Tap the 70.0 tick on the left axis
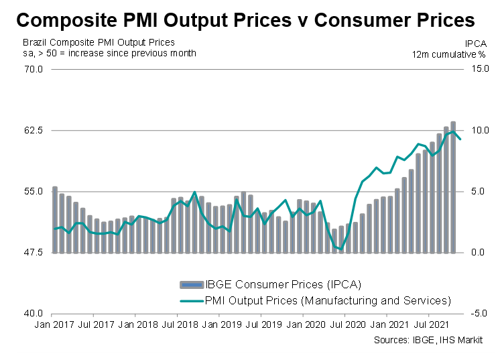tap(34, 69)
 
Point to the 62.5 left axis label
tap(34, 130)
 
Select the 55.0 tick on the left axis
tap(34, 191)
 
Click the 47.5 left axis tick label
tap(34, 253)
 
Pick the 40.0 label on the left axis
tap(34, 314)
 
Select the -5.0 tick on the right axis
tap(475, 314)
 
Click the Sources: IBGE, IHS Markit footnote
tap(429, 340)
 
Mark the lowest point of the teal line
tap(341, 249)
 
